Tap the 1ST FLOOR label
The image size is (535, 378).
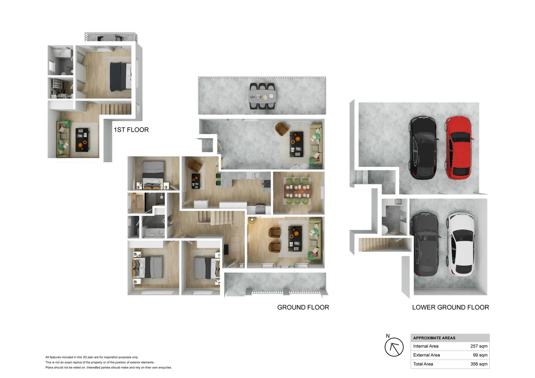coord(131,130)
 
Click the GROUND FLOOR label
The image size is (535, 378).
coord(303,307)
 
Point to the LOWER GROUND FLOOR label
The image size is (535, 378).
coord(450,307)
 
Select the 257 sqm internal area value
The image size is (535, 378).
coord(479,346)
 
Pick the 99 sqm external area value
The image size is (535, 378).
coord(480,355)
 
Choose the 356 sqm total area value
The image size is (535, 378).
coord(479,364)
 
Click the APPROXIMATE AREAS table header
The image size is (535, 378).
coord(434,338)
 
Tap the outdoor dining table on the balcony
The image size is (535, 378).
coord(262,96)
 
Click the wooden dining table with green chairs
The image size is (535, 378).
coord(298,191)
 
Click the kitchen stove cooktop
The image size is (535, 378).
coord(266,184)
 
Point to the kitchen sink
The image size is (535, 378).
coord(256,175)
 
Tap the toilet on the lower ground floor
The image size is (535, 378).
coord(384,230)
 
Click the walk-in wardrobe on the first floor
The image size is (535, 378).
coord(60,88)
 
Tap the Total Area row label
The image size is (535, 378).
coord(423,364)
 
